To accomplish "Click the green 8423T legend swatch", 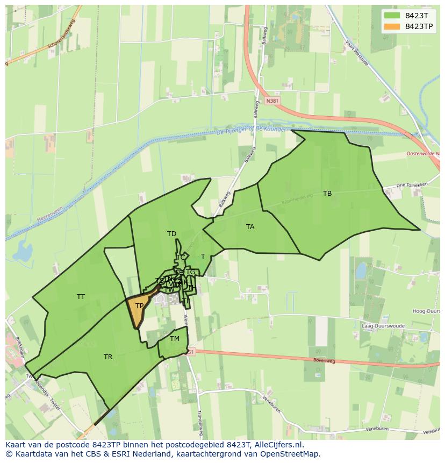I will pyautogui.click(x=392, y=15).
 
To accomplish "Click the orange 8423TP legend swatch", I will pyautogui.click(x=392, y=26).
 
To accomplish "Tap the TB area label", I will pyautogui.click(x=327, y=194).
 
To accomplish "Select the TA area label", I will pyautogui.click(x=250, y=227).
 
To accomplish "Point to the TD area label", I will pyautogui.click(x=171, y=234).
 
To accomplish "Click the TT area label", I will pyautogui.click(x=81, y=297).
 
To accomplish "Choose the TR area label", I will pyautogui.click(x=108, y=357).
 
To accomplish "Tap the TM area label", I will pyautogui.click(x=175, y=339).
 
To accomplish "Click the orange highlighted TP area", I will pyautogui.click(x=139, y=309).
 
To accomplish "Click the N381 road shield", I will pyautogui.click(x=272, y=101).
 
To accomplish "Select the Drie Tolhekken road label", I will pyautogui.click(x=412, y=185).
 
